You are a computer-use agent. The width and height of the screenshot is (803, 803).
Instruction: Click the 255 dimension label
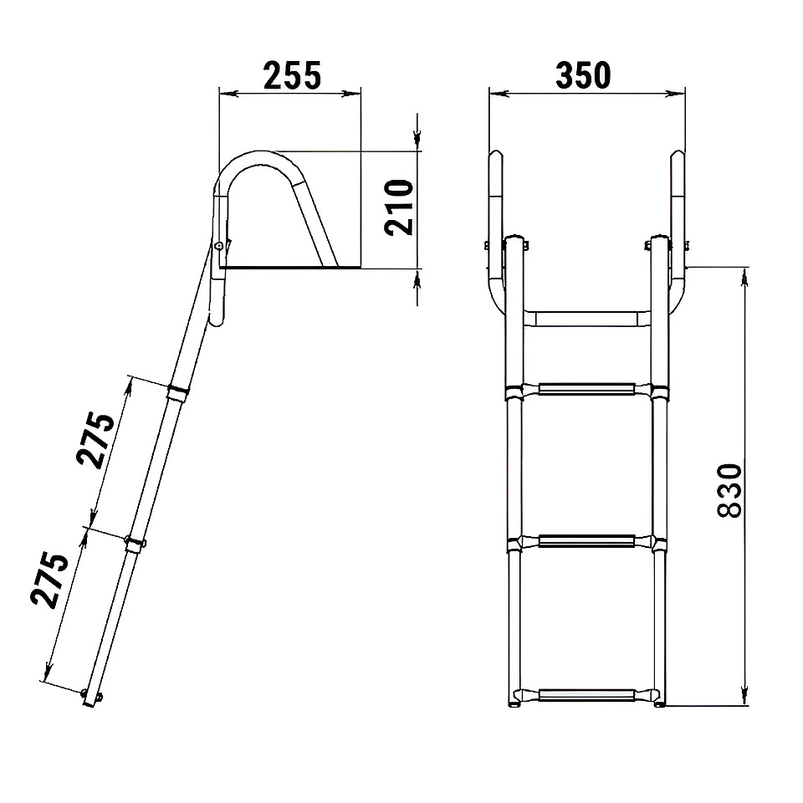pos(293,76)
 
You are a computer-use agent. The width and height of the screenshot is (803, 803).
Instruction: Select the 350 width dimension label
pos(583,76)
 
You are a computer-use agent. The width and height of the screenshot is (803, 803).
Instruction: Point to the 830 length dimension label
pos(729,491)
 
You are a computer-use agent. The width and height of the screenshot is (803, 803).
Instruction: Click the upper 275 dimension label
pos(95,439)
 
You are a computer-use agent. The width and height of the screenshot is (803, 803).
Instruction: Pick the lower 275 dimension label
pos(49,580)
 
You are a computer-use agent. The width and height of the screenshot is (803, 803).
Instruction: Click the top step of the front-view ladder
pos(586,390)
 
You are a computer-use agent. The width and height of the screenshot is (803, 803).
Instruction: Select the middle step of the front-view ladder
pos(586,541)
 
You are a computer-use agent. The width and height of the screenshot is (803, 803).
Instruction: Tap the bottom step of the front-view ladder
pos(586,696)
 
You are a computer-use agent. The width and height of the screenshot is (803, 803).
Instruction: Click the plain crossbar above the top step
pos(587,319)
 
